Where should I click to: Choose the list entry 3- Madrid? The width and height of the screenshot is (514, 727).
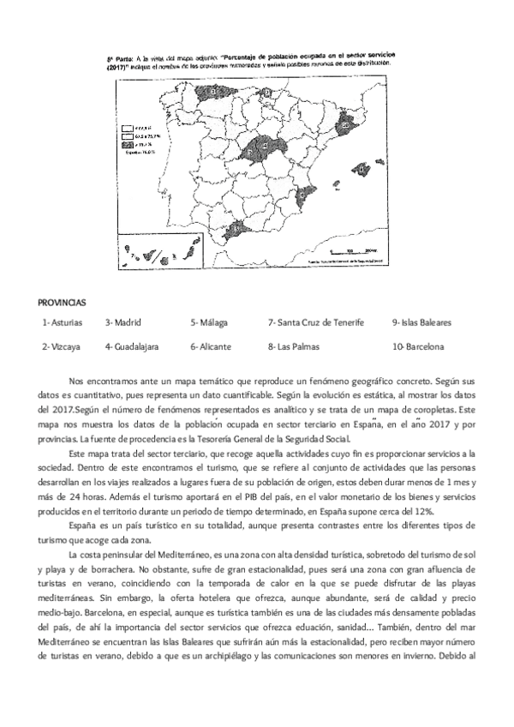point(123,322)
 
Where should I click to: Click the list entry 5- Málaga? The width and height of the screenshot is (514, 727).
point(209,322)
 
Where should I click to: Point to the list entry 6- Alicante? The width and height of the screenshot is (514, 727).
point(211,347)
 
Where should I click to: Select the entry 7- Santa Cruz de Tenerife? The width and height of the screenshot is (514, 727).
point(316,322)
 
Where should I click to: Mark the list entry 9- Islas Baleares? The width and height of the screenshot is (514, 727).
point(421,322)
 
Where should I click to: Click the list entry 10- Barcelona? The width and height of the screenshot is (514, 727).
point(418,347)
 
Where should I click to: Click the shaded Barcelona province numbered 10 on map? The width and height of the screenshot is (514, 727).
point(345,126)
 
